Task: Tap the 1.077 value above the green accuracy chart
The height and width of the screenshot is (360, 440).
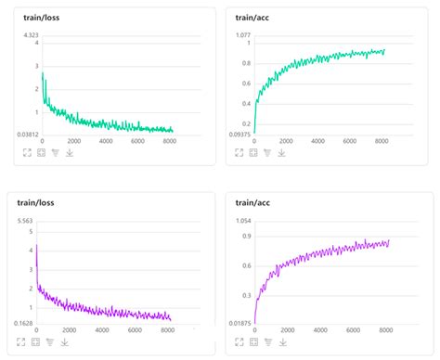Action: pyautogui.click(x=242, y=35)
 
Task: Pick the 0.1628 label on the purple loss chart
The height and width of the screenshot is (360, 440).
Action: pyautogui.click(x=25, y=322)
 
